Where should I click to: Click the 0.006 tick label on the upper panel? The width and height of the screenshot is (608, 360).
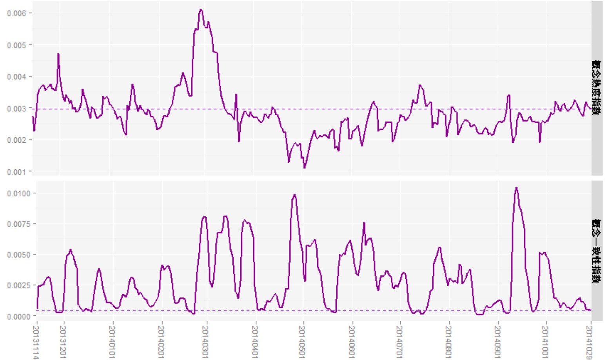(x=16, y=13)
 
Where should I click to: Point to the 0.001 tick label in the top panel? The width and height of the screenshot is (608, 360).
(x=16, y=172)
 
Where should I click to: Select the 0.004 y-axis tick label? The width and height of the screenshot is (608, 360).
(x=16, y=76)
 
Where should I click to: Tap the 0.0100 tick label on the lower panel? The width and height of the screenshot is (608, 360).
(x=18, y=193)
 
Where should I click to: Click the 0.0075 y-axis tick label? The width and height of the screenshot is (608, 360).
(x=18, y=224)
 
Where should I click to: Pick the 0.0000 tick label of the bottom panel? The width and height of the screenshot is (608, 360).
(x=18, y=316)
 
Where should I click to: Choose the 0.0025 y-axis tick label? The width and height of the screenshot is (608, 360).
(x=18, y=285)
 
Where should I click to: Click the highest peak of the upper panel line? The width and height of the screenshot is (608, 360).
(x=201, y=10)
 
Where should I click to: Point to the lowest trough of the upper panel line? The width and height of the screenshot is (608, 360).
(x=304, y=167)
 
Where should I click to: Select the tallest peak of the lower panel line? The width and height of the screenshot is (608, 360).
(x=517, y=188)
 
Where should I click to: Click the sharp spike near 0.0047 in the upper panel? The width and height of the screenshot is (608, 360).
(x=58, y=54)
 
